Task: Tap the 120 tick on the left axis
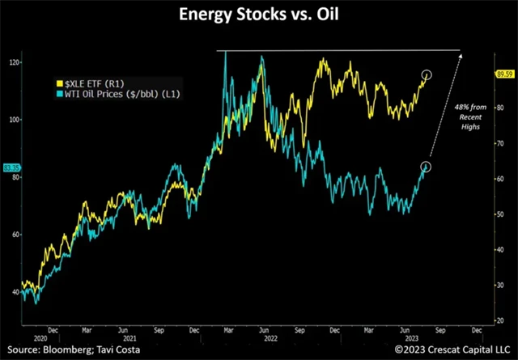coord(14,62)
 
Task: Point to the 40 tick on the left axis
coord(14,292)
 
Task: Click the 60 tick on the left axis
coord(14,235)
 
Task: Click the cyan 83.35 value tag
coord(11,167)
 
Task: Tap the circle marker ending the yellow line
coord(427,75)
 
